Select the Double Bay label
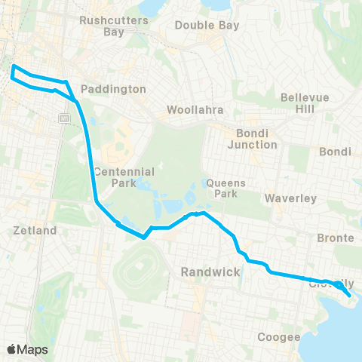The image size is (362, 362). point(207,25)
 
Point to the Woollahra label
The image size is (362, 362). point(196,110)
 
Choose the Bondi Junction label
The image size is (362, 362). point(253,138)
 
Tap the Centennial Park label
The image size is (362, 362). point(114,176)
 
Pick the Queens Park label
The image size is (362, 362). point(222,188)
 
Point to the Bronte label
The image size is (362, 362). point(336,238)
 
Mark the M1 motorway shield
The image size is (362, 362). point(64,118)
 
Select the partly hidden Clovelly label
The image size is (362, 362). point(330,284)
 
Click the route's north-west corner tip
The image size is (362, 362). point(14,69)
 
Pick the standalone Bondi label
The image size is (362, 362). point(336,152)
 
